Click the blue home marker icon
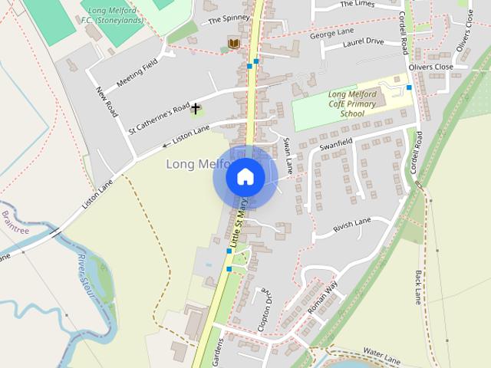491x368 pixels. tap(245, 177)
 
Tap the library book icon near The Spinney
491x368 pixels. tap(233, 43)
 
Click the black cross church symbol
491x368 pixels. tap(196, 108)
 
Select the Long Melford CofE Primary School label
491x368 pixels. tap(351, 104)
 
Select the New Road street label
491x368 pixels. tap(106, 102)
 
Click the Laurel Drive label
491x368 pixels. tap(364, 41)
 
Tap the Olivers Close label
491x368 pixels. tap(431, 67)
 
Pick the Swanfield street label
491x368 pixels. tap(335, 143)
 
